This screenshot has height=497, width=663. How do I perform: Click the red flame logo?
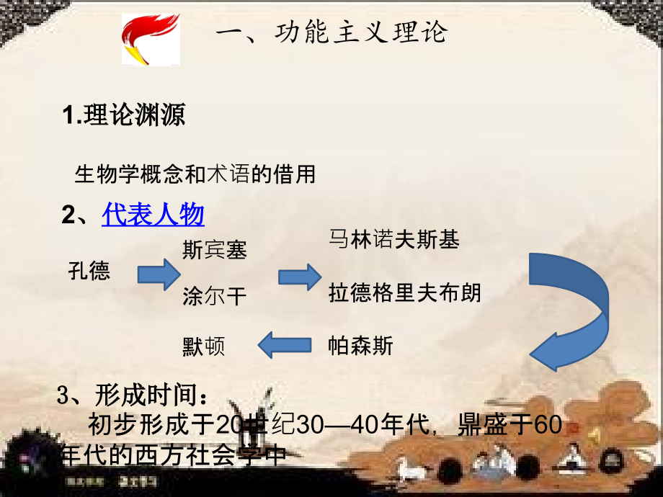[x=150, y=40]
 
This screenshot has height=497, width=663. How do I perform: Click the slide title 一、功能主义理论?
[x=331, y=32]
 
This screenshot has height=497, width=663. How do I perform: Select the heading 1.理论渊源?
[x=123, y=115]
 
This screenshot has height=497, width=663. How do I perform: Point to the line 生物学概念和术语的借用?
[x=195, y=174]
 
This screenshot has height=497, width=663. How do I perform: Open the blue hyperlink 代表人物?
[x=153, y=214]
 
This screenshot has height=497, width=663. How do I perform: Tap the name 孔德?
[x=89, y=272]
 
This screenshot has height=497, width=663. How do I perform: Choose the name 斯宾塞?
[x=215, y=250]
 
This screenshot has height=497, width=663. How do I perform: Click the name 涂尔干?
[x=215, y=296]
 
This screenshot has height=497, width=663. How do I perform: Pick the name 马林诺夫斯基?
[x=393, y=239]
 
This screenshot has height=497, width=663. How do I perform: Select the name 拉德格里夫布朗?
[x=404, y=293]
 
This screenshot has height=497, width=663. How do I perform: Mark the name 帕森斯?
[x=360, y=346]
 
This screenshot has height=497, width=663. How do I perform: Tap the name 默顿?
[x=203, y=346]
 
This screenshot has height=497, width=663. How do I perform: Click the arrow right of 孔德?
[x=158, y=274]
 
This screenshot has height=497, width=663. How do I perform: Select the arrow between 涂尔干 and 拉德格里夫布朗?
[x=299, y=277]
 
